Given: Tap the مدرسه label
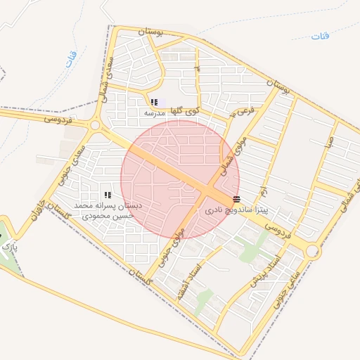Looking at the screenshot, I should click(154, 112).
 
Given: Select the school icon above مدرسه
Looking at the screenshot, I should click(154, 103).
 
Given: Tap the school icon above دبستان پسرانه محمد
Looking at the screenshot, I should click(108, 195).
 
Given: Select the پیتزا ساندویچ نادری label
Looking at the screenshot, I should click(236, 210).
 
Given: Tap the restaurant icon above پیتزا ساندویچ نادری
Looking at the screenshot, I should click(236, 199).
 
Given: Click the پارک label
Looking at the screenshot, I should click(8, 247).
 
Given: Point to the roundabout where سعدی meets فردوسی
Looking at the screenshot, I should click(95, 125).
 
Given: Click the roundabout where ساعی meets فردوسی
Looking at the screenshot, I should click(312, 250).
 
